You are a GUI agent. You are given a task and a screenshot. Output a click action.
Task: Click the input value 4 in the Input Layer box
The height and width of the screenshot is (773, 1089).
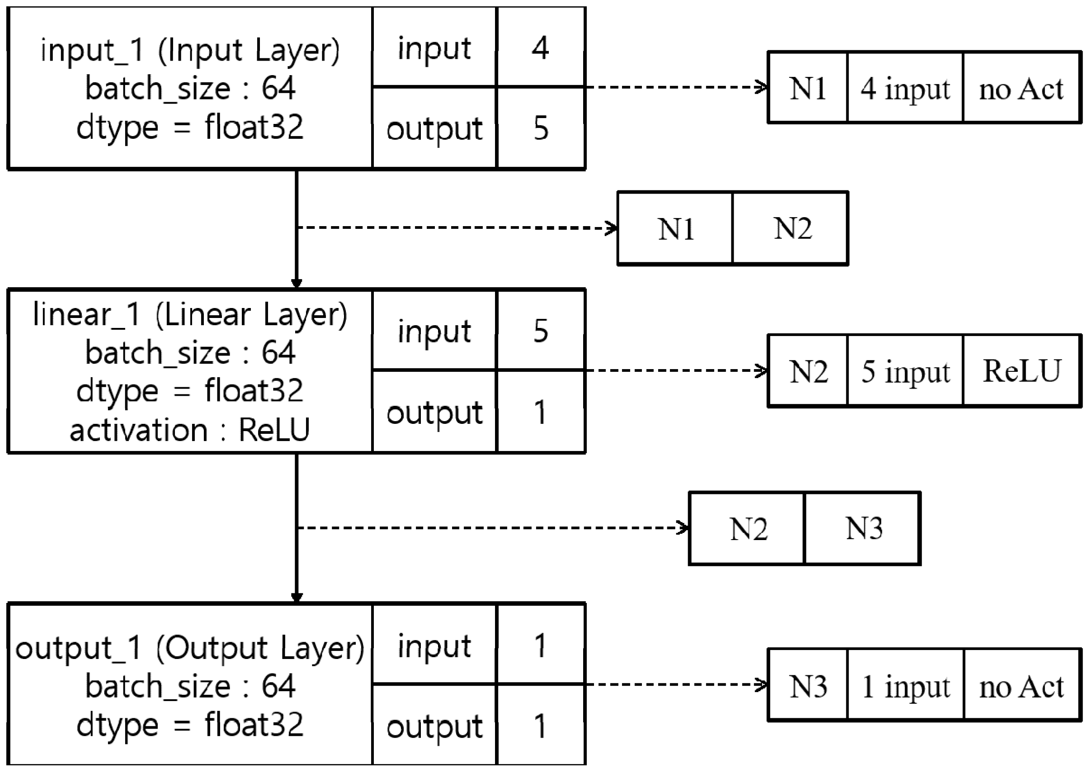tap(540, 48)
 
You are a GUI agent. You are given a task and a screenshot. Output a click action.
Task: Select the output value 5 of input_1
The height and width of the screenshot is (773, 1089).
tap(541, 128)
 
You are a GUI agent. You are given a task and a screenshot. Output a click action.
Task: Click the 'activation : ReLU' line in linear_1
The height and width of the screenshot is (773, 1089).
tap(190, 430)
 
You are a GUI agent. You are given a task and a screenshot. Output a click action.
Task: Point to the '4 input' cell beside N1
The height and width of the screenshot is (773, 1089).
tap(905, 89)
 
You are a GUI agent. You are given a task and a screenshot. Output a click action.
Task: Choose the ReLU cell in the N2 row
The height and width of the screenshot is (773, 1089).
tap(1021, 371)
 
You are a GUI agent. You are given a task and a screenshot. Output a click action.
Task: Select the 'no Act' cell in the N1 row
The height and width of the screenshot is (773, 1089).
tap(1021, 89)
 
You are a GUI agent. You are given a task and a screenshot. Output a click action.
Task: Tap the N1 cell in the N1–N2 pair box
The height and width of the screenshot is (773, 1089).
tap(675, 228)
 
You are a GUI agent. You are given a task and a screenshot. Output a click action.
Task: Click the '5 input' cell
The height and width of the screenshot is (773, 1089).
tap(905, 371)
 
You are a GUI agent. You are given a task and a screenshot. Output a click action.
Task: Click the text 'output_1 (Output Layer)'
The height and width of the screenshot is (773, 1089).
tap(190, 648)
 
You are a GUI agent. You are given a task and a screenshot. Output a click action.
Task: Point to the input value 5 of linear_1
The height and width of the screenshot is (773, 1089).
tap(541, 331)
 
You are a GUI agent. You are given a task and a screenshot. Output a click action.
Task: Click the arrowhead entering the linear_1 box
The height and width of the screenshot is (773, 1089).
tap(297, 283)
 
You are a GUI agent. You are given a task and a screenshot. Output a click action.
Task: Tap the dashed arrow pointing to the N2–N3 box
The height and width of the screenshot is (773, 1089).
tap(490, 527)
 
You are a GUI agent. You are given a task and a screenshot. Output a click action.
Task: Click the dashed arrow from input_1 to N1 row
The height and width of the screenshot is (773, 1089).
tap(675, 87)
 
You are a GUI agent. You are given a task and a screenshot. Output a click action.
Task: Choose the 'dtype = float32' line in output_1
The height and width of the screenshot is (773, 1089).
tap(190, 725)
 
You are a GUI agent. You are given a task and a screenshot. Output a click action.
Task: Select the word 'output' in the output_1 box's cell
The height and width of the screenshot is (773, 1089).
tap(434, 727)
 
